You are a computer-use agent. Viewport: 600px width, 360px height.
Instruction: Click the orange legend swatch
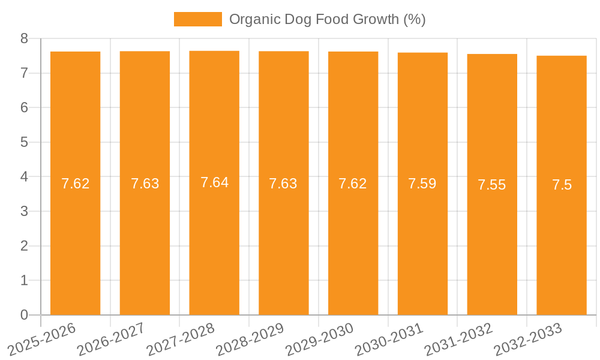pyautogui.click(x=197, y=19)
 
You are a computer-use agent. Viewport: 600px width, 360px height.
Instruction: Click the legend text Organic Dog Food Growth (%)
pyautogui.click(x=327, y=19)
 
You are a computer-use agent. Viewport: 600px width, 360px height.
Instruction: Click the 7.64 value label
pyautogui.click(x=214, y=182)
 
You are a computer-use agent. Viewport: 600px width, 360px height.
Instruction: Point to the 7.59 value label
pyautogui.click(x=422, y=184)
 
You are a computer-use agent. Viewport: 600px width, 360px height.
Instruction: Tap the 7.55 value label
pyautogui.click(x=492, y=185)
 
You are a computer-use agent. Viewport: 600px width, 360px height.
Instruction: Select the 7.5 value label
pyautogui.click(x=562, y=185)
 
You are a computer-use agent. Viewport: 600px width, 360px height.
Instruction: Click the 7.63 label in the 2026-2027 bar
pyautogui.click(x=145, y=184)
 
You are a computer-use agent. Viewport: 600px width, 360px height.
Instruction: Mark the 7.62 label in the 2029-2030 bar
pyautogui.click(x=353, y=184)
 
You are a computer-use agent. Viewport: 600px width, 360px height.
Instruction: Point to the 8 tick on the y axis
pyautogui.click(x=25, y=38)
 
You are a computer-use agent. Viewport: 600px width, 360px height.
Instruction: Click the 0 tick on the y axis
pyautogui.click(x=25, y=315)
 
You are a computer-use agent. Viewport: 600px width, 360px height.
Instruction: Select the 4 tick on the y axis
pyautogui.click(x=25, y=177)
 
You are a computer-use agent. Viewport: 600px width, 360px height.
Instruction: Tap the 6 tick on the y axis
pyautogui.click(x=25, y=108)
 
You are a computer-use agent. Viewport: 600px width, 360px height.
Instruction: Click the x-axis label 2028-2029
pyautogui.click(x=250, y=339)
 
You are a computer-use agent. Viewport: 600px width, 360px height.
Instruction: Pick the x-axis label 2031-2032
pyautogui.click(x=458, y=339)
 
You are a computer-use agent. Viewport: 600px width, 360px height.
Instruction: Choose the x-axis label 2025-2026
pyautogui.click(x=42, y=339)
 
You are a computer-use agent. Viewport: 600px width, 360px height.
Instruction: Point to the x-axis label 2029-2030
pyautogui.click(x=319, y=339)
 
